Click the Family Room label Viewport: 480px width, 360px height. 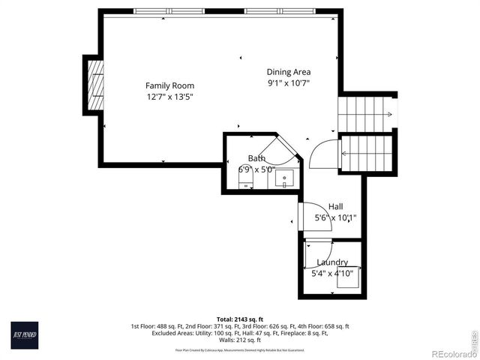tap(169, 85)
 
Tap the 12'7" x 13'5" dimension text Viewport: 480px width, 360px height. tap(169, 97)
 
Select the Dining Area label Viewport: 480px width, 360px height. tap(288, 72)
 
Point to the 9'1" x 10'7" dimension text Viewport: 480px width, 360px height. tap(288, 83)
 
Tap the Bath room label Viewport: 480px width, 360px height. tap(256, 158)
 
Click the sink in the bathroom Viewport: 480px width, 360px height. tap(284, 178)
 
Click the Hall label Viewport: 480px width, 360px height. tap(335, 206)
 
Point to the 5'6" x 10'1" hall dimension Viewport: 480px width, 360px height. tap(335, 218)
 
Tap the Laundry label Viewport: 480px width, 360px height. tap(331, 262)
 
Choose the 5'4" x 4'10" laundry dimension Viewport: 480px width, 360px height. tap(331, 274)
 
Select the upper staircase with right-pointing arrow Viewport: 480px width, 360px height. tap(366, 114)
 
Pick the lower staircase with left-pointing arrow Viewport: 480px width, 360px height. tap(366, 153)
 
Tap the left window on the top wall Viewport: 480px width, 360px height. tap(169, 11)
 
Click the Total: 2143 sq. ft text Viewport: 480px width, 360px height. tap(239, 319)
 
